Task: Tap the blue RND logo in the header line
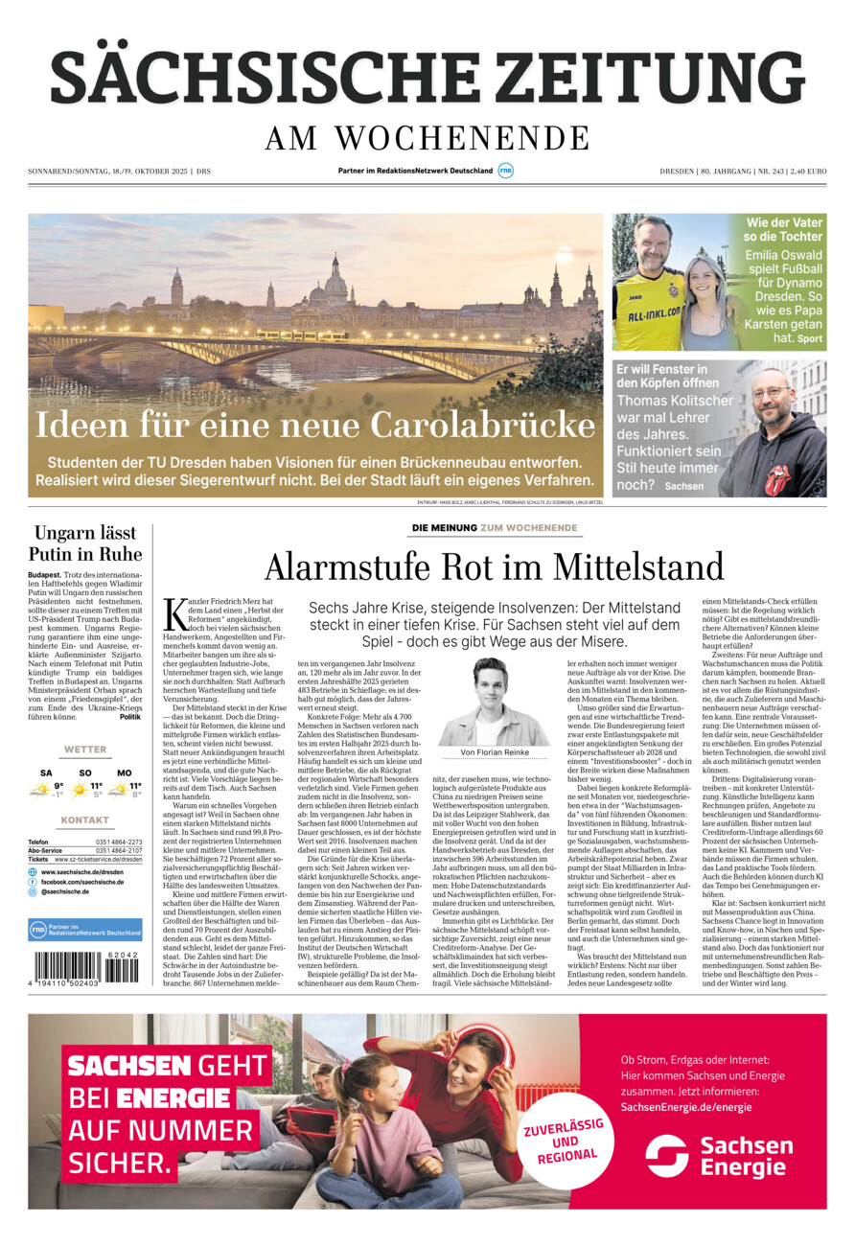505,171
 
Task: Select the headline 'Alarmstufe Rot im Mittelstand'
494,566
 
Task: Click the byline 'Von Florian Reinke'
495,752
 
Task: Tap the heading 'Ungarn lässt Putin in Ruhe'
85,543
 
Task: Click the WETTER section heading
85,750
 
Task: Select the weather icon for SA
41,789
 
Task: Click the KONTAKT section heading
85,820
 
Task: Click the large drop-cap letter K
175,612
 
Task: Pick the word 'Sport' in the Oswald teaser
810,338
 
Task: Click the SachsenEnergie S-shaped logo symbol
666,1156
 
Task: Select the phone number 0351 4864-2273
119,842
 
